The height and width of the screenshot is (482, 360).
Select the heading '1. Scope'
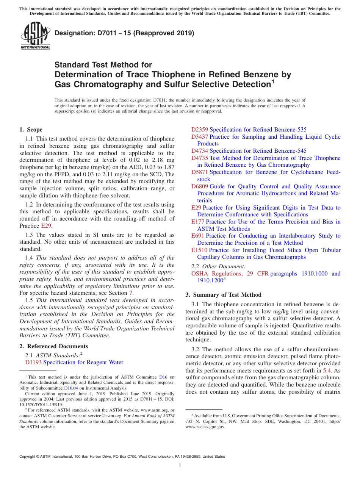coord(31,130)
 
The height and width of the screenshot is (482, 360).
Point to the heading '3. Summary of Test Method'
coord(223,295)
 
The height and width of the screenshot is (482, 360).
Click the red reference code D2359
coord(199,130)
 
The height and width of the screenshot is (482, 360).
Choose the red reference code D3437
coord(199,137)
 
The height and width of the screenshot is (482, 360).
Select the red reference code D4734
coord(199,151)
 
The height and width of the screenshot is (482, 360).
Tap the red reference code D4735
coord(199,158)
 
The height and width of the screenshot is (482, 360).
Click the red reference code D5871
coord(199,172)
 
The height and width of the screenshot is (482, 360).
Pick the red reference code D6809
coord(199,186)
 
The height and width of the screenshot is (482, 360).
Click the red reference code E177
coord(198,222)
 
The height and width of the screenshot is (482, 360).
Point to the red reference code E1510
coord(199,250)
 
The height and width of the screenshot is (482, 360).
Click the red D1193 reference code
coord(33,362)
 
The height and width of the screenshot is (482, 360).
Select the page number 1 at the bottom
coord(180,466)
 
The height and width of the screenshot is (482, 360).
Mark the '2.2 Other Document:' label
coord(218,266)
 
